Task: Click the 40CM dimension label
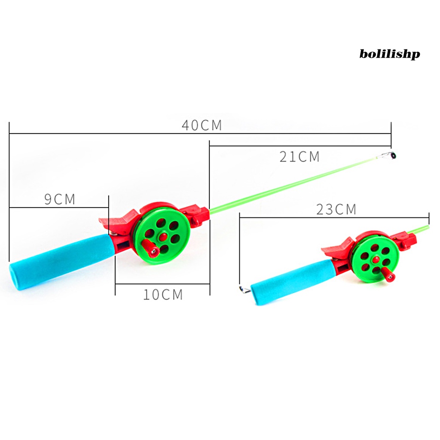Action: click(202, 125)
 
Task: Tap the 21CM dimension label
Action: click(299, 156)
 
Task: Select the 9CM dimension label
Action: click(60, 199)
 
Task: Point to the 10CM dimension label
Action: click(163, 294)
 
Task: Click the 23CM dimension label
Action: click(336, 209)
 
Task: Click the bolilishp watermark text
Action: click(389, 54)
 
